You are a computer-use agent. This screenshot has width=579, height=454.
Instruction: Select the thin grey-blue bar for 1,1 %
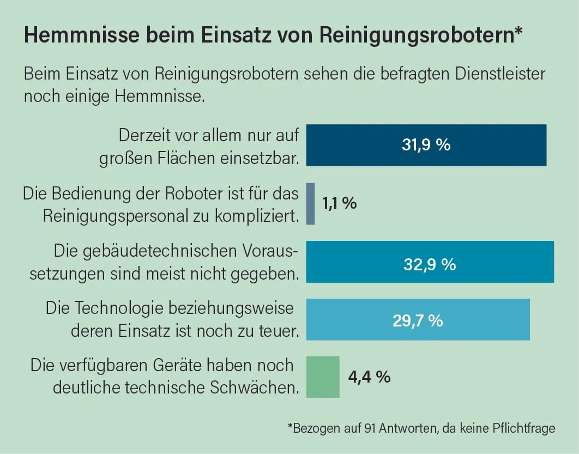pos(311,203)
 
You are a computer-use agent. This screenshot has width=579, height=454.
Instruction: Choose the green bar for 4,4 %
pos(323,377)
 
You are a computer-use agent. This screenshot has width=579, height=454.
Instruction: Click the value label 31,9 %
pos(426,146)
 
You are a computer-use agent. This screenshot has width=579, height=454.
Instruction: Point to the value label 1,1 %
pos(339,204)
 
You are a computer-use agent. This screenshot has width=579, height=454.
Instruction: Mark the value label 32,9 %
pos(430,264)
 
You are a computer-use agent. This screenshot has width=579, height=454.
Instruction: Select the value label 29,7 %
pos(418,320)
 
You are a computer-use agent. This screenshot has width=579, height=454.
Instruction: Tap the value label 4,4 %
pos(370,377)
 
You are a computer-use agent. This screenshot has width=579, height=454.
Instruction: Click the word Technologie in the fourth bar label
pos(120,308)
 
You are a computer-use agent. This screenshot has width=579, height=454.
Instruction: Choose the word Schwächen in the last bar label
pos(255,388)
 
